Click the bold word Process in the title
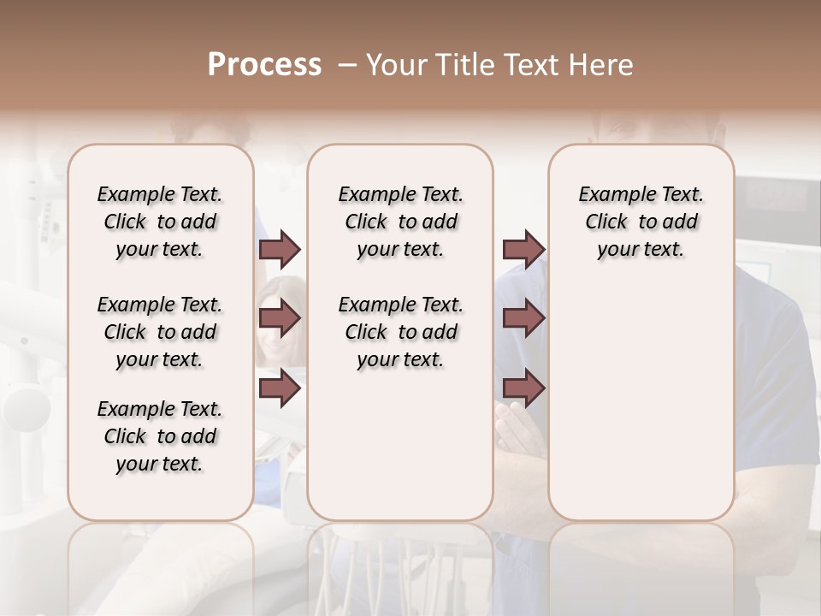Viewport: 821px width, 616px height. (264, 65)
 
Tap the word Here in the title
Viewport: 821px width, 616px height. (602, 65)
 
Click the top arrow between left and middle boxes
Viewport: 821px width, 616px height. (280, 250)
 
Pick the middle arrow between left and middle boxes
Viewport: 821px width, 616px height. (280, 318)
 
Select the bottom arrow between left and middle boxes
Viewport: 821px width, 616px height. (280, 388)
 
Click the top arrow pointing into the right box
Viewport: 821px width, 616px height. (523, 250)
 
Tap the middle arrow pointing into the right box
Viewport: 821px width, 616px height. (523, 318)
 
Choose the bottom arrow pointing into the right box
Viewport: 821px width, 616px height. (523, 388)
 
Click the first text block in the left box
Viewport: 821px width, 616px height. (160, 222)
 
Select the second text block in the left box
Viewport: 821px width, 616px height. (160, 332)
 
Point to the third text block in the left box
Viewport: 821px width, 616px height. (160, 436)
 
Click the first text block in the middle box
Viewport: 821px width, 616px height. (400, 222)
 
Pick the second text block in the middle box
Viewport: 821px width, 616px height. (400, 332)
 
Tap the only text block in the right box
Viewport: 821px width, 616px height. (641, 222)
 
